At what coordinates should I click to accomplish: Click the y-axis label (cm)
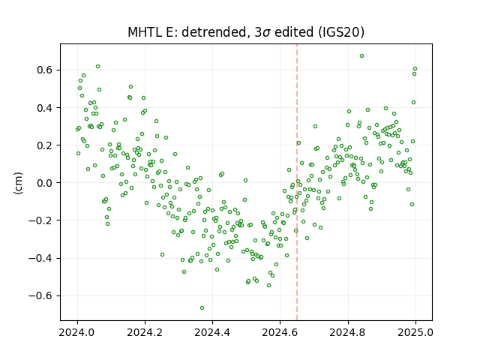click(18, 183)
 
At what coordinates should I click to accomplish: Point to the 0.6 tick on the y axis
click(45, 70)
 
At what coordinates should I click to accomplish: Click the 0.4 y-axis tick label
click(45, 108)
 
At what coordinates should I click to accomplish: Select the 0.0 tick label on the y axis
click(45, 183)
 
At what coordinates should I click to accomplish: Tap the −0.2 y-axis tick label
click(40, 220)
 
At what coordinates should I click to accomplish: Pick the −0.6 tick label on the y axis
click(40, 295)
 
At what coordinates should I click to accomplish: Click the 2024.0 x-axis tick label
click(76, 332)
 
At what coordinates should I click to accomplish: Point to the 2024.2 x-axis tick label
click(145, 332)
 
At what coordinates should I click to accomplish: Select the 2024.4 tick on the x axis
click(212, 332)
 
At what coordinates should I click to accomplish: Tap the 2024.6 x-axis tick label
click(280, 332)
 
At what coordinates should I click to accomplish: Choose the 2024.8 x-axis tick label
click(347, 332)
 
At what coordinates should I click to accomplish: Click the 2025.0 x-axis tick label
click(415, 332)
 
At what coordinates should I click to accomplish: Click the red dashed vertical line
click(297, 182)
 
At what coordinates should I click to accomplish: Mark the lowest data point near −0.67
click(202, 307)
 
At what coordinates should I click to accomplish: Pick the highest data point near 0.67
click(361, 55)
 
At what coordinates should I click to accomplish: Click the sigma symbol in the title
click(267, 33)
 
